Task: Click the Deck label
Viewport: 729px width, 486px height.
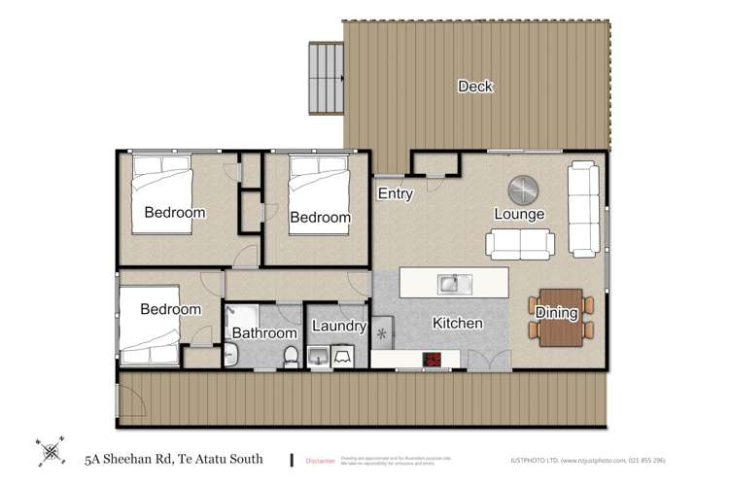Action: pos(475,87)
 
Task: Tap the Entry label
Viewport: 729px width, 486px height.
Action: pos(396,193)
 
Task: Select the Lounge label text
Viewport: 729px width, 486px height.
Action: pos(519,214)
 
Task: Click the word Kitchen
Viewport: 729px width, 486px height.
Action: pos(457,323)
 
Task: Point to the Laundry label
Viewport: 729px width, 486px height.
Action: pos(338,328)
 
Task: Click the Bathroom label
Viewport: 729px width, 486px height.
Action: pos(263,332)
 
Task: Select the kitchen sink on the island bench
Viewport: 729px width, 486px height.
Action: pos(453,284)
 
